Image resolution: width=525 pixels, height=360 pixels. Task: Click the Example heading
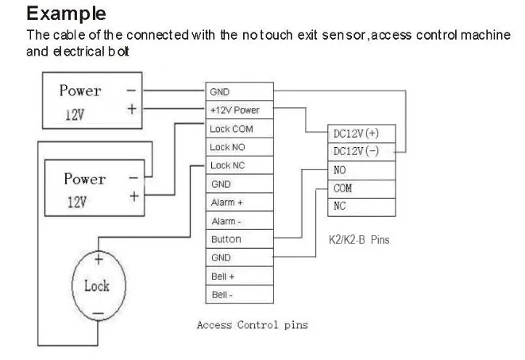tap(66, 14)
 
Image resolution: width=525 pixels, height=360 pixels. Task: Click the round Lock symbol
tap(98, 286)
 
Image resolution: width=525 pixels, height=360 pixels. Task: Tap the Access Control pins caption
tap(252, 325)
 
